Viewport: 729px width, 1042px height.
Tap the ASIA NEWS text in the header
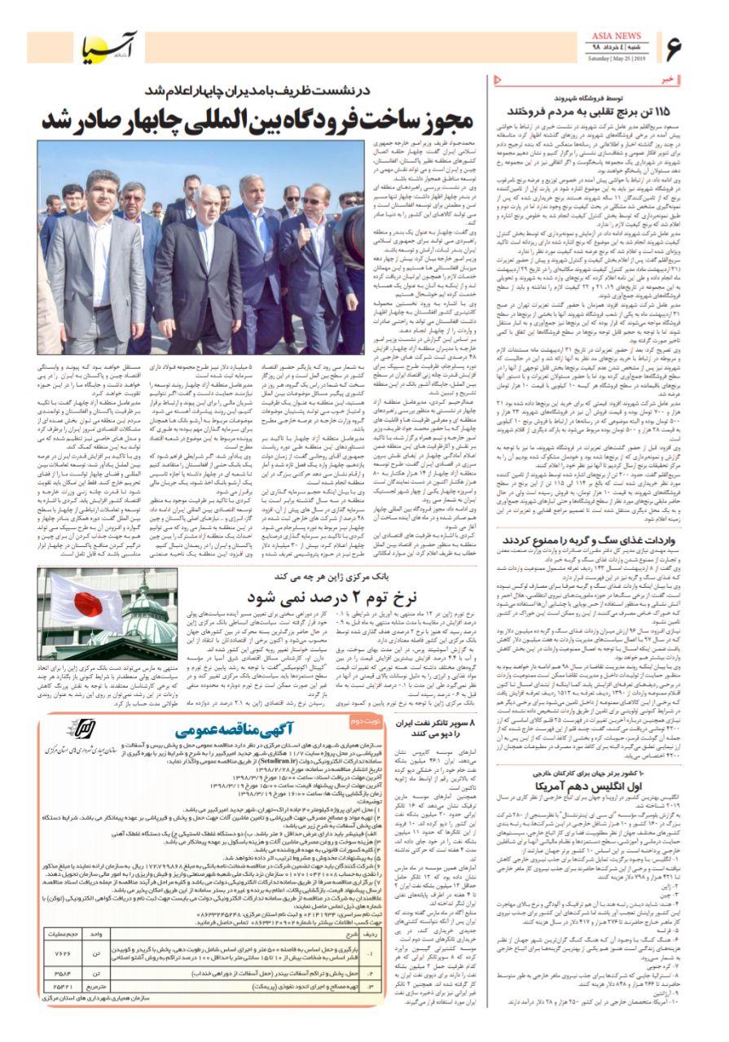(617, 37)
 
